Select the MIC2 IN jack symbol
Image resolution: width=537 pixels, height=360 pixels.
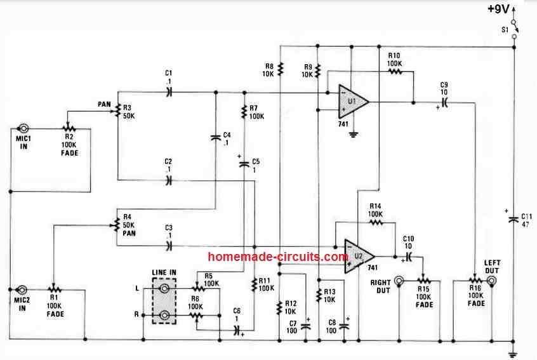click(x=22, y=290)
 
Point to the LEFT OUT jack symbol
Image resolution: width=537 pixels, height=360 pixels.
click(x=491, y=279)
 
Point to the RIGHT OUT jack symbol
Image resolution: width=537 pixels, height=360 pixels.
click(x=399, y=279)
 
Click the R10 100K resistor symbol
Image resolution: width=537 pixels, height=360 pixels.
click(x=395, y=72)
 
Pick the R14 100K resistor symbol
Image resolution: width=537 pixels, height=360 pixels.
click(x=376, y=223)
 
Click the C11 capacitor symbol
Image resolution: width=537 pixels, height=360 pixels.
click(x=514, y=220)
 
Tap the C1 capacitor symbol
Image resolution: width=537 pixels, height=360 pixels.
click(x=169, y=92)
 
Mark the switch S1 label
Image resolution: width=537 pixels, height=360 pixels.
click(x=505, y=29)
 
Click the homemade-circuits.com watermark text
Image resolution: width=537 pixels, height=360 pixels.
click(x=278, y=257)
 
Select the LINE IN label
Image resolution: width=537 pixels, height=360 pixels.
click(x=164, y=272)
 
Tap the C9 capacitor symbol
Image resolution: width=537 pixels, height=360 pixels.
click(x=444, y=102)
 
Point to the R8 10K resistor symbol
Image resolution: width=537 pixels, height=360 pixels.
click(x=281, y=68)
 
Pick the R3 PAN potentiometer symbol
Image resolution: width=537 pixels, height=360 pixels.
click(x=117, y=110)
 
